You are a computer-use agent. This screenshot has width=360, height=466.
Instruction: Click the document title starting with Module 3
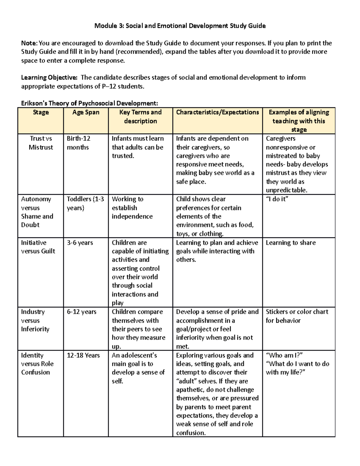tap(180, 26)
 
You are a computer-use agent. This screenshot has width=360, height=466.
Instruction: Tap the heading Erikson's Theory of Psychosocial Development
tap(89, 104)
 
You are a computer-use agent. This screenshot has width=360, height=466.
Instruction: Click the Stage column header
tap(40, 113)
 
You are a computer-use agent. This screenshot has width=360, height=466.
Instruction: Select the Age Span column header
tap(86, 113)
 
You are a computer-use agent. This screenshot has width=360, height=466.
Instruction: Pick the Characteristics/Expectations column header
tap(217, 113)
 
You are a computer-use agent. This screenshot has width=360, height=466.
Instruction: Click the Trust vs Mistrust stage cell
tap(41, 143)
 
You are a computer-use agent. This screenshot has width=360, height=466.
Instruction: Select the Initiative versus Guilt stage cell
tap(38, 247)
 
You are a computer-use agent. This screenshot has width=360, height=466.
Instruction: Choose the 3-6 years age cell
tap(80, 243)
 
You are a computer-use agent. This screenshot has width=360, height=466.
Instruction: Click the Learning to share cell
tap(291, 243)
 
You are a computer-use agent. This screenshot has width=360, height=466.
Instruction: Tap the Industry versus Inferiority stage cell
tap(35, 320)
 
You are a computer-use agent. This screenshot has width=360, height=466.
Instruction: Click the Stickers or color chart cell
tap(297, 316)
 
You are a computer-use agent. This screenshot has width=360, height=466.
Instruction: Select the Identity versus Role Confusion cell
tap(37, 364)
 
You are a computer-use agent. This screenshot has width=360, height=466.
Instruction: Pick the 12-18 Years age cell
tap(83, 355)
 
